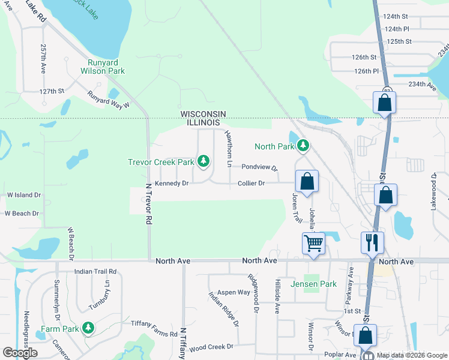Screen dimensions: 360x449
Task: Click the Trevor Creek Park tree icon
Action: pos(204,161)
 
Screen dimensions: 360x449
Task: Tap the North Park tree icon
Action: pos(303,146)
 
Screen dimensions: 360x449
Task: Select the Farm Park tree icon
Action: pos(88,328)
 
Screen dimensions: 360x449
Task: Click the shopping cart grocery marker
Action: pos(313,244)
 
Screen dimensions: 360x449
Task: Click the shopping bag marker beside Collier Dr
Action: pos(307,181)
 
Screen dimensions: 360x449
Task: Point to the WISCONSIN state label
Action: pos(203,114)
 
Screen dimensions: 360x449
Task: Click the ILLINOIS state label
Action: pos(203,123)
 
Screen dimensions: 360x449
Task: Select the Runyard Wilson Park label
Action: pos(103,66)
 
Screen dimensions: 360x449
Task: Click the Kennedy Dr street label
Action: pos(172,183)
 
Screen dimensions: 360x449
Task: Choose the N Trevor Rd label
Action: pos(148,203)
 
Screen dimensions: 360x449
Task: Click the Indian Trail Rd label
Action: pos(95,272)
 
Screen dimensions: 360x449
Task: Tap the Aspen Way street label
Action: pos(234,292)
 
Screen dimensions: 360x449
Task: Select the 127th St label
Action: pos(52,91)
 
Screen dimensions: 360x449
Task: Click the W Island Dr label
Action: pos(24,195)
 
